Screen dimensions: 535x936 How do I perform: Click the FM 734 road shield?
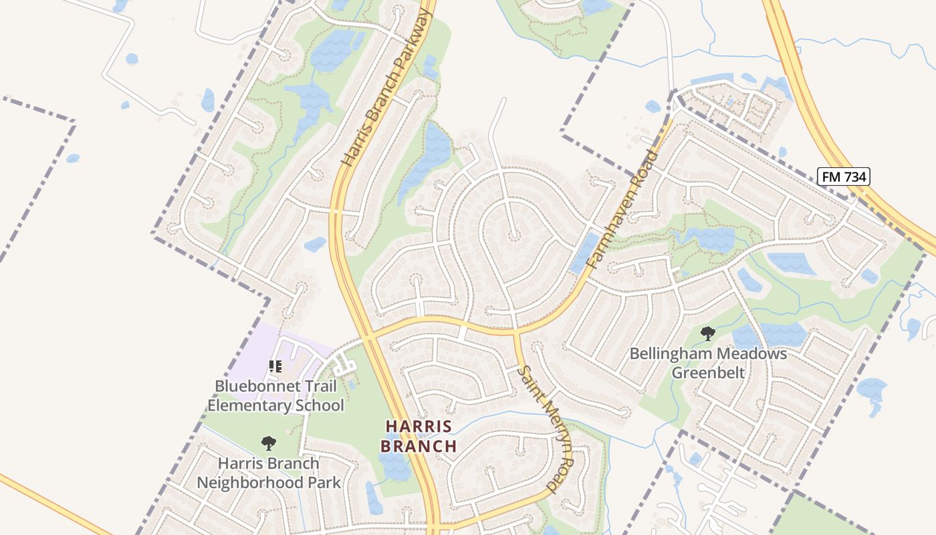[843, 177]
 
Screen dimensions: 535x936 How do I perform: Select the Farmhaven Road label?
[622, 210]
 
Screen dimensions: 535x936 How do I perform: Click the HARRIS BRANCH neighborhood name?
[419, 436]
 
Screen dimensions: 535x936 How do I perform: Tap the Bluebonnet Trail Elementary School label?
[275, 396]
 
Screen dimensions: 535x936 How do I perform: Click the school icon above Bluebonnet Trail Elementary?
[275, 366]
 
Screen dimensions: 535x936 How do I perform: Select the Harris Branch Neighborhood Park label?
[268, 473]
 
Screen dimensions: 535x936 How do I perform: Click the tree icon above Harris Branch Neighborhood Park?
[268, 443]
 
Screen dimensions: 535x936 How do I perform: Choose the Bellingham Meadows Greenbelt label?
[708, 362]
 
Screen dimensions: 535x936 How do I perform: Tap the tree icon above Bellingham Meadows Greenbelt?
[707, 332]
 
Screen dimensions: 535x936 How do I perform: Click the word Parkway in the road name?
[408, 47]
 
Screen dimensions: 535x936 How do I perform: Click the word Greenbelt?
[708, 372]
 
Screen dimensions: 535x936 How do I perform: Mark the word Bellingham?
[675, 353]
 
